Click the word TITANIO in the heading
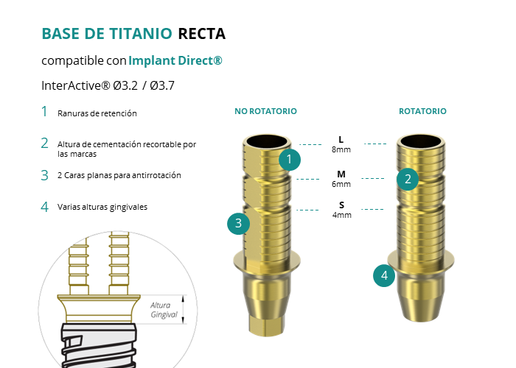(138, 34)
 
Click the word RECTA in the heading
(201, 34)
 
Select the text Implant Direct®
(175, 60)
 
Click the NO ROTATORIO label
(265, 111)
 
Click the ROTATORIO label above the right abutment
(422, 111)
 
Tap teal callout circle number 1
(290, 159)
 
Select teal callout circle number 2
(408, 178)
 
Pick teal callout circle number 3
(238, 223)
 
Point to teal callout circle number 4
(384, 276)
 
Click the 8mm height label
(341, 149)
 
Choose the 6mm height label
(341, 184)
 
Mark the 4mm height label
(341, 215)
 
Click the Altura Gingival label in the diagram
(164, 309)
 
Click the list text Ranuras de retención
(97, 113)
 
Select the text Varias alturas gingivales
(102, 207)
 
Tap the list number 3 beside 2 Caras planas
(44, 175)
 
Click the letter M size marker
(341, 174)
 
